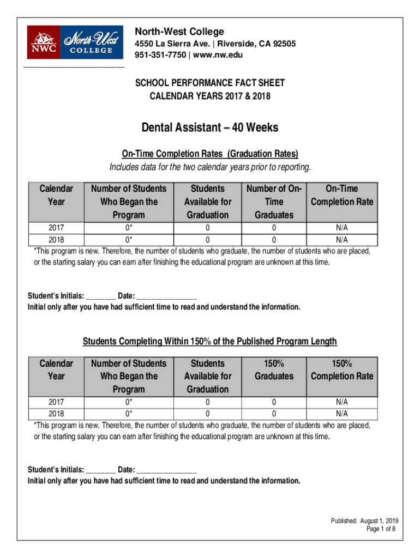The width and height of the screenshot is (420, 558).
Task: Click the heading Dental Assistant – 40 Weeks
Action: pos(210,128)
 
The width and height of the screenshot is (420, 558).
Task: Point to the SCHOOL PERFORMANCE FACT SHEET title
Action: pos(210,83)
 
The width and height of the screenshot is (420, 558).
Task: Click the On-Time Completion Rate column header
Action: pos(342,195)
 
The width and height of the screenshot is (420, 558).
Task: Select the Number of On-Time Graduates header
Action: pos(274,202)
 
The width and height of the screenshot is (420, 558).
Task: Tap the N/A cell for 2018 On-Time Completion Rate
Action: pos(342,239)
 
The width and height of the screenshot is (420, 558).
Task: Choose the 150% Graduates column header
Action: pos(274,369)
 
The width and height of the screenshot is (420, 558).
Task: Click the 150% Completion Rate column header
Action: pos(342,369)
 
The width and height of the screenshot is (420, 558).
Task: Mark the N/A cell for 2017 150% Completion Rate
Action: pos(342,402)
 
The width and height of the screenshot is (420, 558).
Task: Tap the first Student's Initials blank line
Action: pos(100,296)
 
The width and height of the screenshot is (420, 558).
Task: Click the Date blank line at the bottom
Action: pos(166,470)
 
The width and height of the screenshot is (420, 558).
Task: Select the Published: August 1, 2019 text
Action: pos(364,521)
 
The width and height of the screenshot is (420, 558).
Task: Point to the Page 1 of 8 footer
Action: pos(381,529)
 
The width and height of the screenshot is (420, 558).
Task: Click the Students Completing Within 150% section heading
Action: pos(210,341)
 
